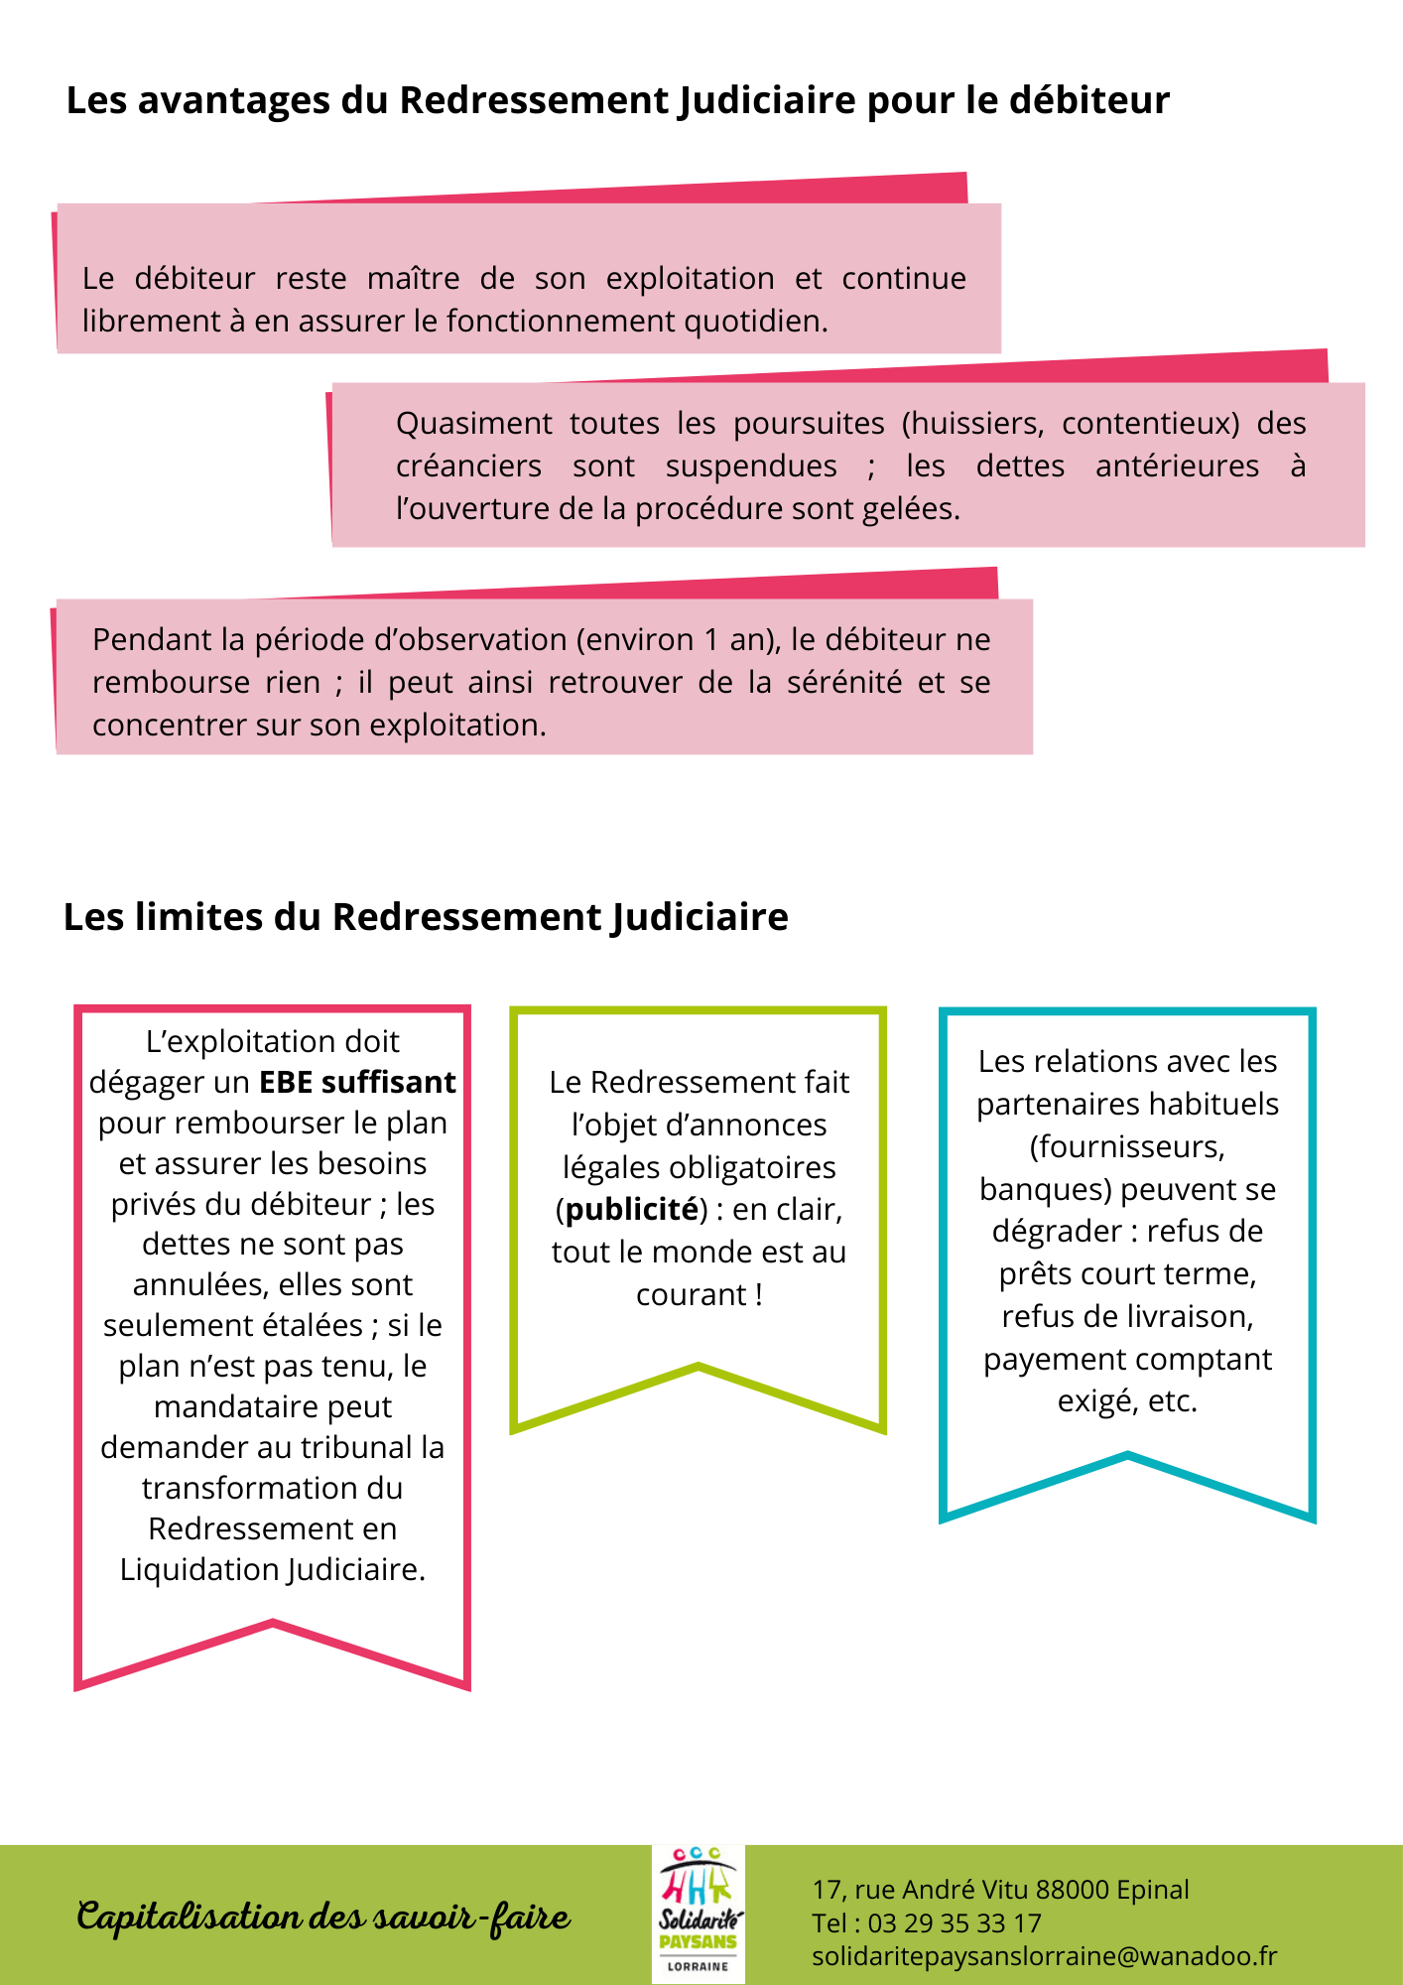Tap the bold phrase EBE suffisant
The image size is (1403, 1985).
tap(357, 1082)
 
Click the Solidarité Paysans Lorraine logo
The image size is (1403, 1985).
tap(699, 1915)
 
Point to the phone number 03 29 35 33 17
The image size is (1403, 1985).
tap(955, 1923)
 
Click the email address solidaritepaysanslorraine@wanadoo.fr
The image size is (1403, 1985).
tap(1044, 1956)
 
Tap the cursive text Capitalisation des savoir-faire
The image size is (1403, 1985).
tap(323, 1917)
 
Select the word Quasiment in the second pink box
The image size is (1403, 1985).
tap(473, 424)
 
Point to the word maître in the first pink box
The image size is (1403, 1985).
tap(413, 279)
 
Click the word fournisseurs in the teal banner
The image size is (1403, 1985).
tap(1127, 1147)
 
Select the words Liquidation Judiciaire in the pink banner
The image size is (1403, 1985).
tap(272, 1570)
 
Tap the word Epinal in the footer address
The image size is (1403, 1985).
tap(1152, 1890)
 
